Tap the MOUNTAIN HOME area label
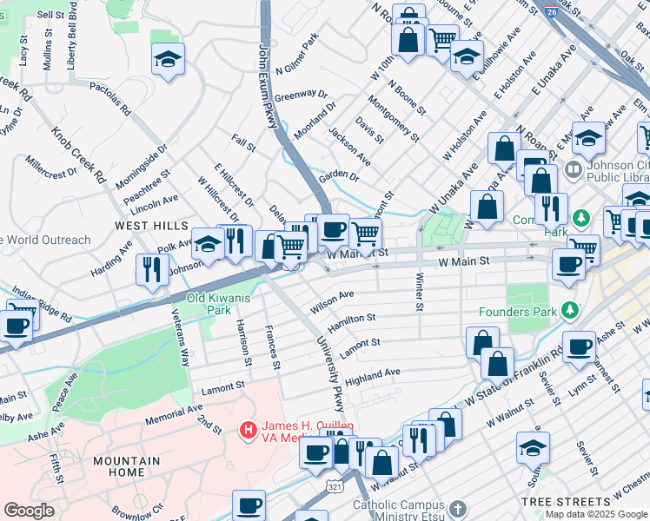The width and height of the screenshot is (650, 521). [x=127, y=466]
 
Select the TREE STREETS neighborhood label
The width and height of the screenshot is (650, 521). [x=566, y=502]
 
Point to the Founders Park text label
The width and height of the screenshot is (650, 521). [x=518, y=311]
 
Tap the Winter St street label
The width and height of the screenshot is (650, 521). [x=419, y=293]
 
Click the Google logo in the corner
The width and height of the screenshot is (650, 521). [x=30, y=511]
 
